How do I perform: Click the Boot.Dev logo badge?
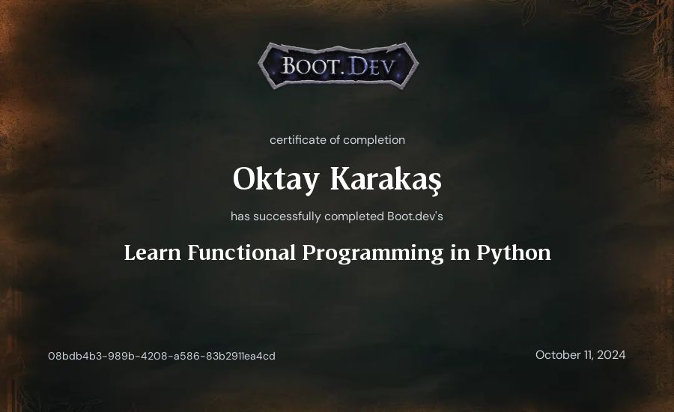coord(338,66)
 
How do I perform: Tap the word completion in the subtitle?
coord(374,140)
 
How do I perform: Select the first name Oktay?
coord(276,179)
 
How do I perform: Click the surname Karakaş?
coord(386,179)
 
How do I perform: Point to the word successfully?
coord(287,216)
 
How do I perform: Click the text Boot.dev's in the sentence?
coord(415,216)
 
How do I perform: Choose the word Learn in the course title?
coord(152,252)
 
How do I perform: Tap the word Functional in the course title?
coord(242,252)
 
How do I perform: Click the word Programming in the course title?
coord(373,253)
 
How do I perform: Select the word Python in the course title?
coord(514,253)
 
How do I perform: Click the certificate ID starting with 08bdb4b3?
coord(162,356)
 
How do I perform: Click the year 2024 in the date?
coord(611,355)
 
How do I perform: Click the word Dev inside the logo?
coord(371,66)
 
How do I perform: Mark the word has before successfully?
coord(240,216)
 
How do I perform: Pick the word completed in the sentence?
coord(354,216)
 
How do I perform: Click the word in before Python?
coord(460,252)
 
